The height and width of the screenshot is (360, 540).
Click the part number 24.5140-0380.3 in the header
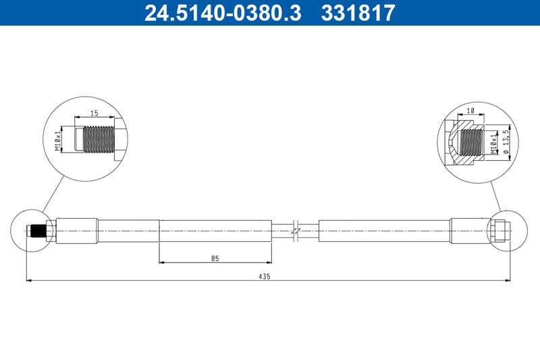click(223, 12)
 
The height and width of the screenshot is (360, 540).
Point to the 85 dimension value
click(215, 258)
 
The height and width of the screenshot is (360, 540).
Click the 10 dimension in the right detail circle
click(471, 110)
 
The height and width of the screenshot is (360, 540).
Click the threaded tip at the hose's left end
click(36, 231)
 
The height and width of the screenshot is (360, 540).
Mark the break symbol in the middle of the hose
click(295, 230)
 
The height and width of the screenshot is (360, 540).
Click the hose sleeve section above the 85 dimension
click(215, 230)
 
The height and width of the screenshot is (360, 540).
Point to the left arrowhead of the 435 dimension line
click(28, 280)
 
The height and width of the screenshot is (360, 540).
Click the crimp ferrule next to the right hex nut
click(470, 230)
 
